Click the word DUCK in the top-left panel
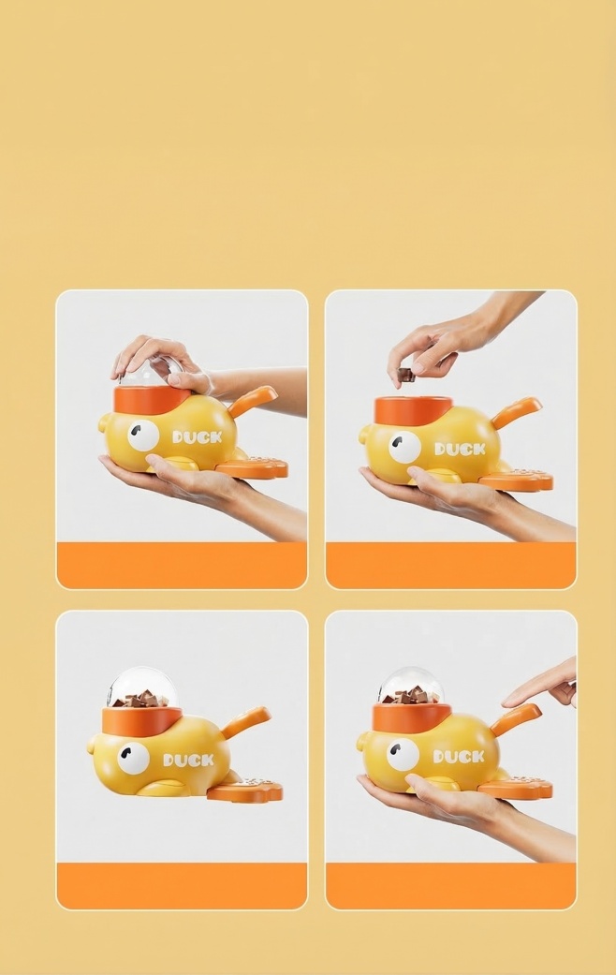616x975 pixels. coord(198,436)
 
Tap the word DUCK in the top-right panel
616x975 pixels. coord(460,449)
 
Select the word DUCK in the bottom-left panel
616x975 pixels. coord(188,760)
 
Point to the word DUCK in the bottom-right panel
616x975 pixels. coord(459,756)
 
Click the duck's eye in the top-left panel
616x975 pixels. coord(143,435)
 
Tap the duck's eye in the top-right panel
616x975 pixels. coord(404,447)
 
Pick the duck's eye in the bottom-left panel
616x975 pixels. coord(133,758)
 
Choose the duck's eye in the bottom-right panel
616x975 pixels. coord(403,754)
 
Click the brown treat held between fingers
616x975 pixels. coord(405,375)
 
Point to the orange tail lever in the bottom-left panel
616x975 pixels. coord(246,722)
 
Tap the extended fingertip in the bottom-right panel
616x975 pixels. coord(507,700)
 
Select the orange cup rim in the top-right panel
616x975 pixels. coord(413,408)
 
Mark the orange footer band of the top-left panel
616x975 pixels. coord(182,565)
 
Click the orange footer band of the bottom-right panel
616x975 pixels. coord(450,885)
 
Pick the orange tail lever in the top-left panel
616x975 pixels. coord(252,401)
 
